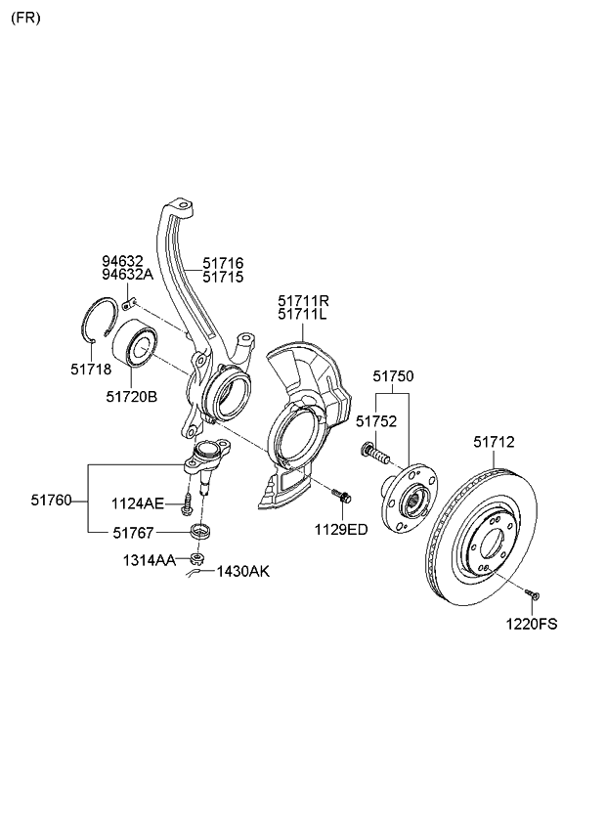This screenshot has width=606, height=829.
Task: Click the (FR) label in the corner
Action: (26, 19)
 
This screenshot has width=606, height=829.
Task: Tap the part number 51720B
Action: (131, 397)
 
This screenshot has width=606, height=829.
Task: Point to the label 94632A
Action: (123, 275)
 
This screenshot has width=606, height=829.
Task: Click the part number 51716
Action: (223, 263)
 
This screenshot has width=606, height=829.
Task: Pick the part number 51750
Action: (393, 376)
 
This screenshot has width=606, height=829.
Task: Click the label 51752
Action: (375, 420)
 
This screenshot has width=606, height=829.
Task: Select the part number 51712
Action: (494, 442)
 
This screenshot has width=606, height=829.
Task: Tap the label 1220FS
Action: (532, 623)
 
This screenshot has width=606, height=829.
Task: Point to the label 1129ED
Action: (340, 530)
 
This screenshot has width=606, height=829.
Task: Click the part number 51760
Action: (51, 500)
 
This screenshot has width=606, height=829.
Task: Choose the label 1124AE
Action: (138, 503)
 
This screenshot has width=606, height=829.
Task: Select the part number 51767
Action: (134, 532)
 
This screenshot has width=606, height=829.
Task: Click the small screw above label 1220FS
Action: (535, 592)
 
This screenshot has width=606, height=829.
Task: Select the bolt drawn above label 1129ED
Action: (341, 497)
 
